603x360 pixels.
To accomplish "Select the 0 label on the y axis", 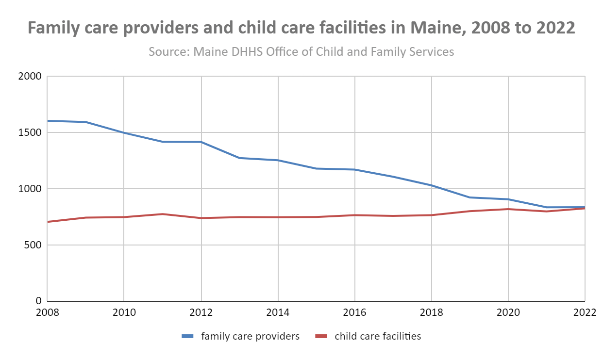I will point(39,301).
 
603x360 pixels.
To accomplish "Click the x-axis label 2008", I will point(48,313).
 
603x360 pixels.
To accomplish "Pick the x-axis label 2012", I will point(201,313).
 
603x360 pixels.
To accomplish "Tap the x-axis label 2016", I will point(354,313).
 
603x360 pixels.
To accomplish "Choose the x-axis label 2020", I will point(508,313).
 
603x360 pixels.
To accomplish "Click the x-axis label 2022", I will point(585,313).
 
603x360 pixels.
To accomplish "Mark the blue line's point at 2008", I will point(48,121).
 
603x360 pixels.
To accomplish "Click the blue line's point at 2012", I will point(201,142).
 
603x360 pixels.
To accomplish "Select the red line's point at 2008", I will point(48,222).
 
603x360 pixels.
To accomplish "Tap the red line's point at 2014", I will point(278,217).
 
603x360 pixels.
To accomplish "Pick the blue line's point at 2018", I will point(431,185).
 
